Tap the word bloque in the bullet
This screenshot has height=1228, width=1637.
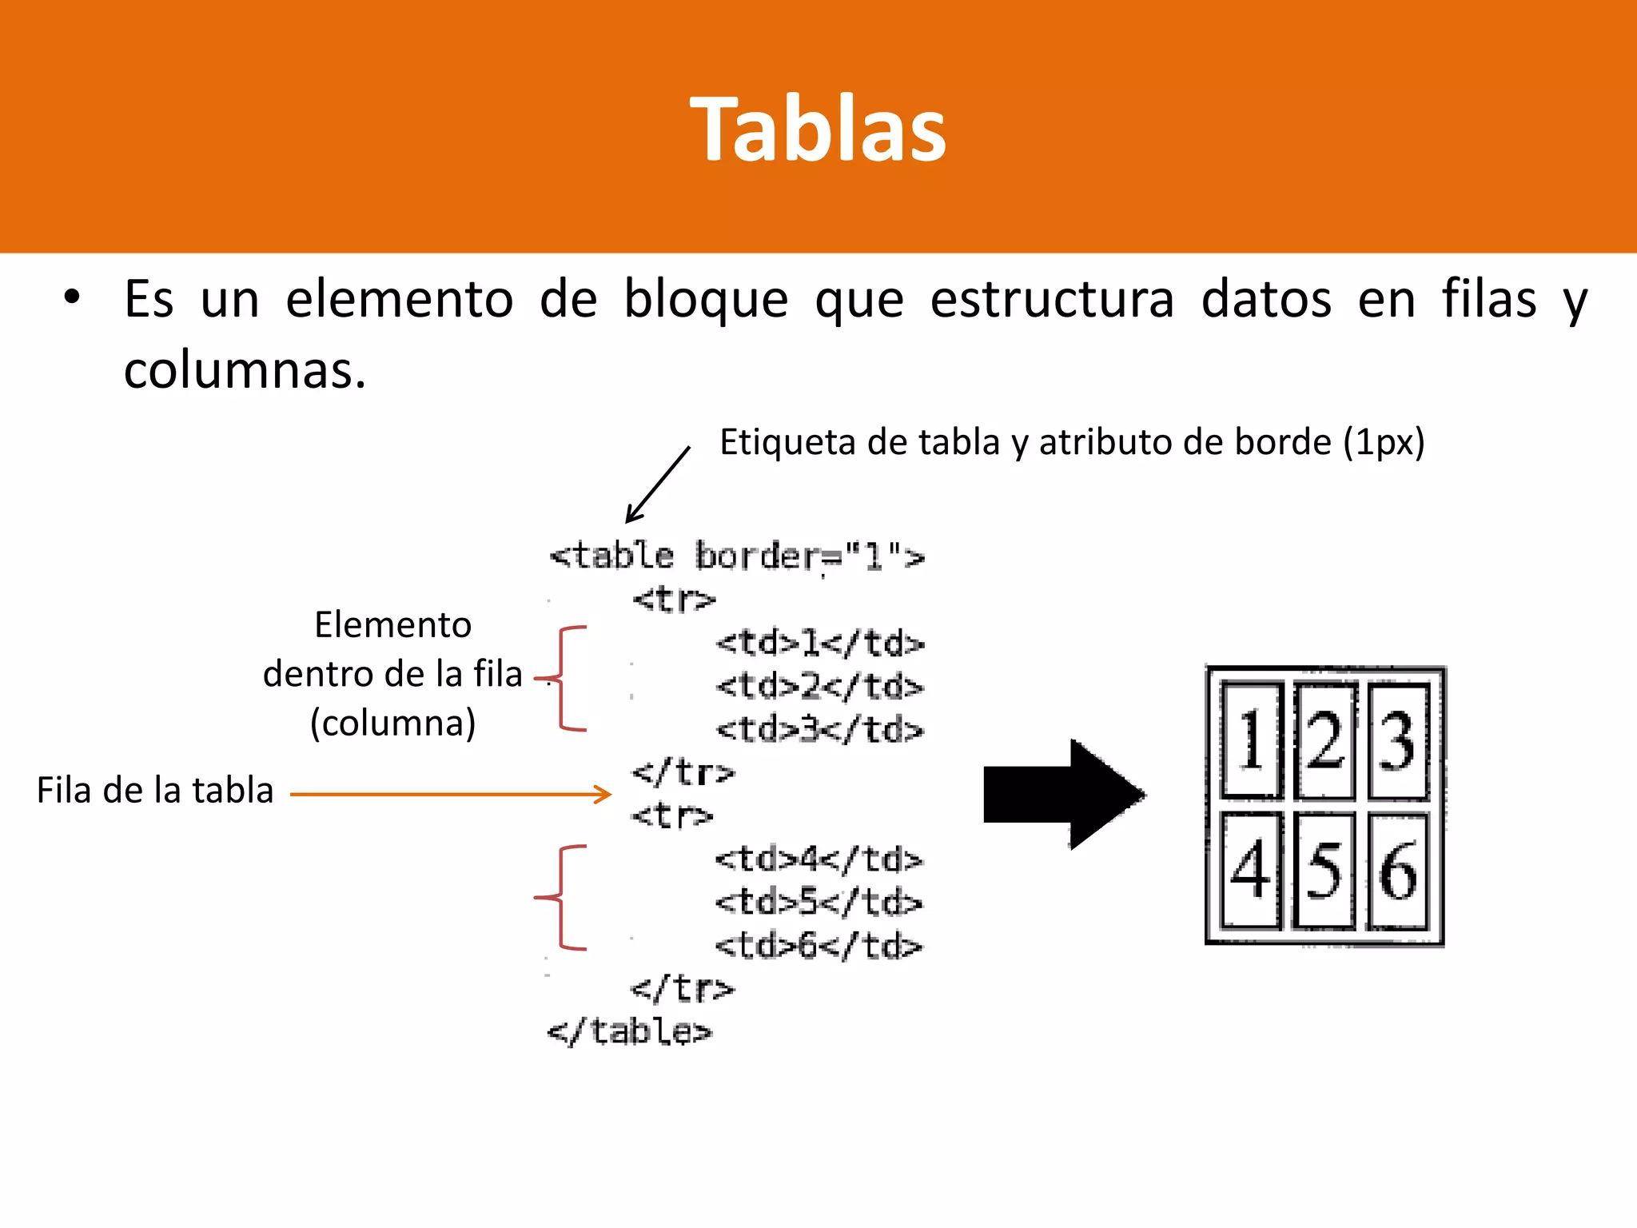pyautogui.click(x=705, y=301)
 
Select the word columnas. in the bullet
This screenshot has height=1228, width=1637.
pyautogui.click(x=245, y=371)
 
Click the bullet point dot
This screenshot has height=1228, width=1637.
pyautogui.click(x=73, y=298)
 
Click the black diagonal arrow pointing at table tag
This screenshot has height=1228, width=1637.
pyautogui.click(x=657, y=484)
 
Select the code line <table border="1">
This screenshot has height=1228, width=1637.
pyautogui.click(x=736, y=556)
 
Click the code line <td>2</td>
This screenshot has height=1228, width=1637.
pyautogui.click(x=819, y=686)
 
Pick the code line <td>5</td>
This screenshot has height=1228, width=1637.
pyautogui.click(x=818, y=902)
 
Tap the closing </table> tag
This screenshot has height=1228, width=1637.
pyautogui.click(x=629, y=1031)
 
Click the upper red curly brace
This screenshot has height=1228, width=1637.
pyautogui.click(x=566, y=679)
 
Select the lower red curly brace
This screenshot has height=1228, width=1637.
pyautogui.click(x=564, y=897)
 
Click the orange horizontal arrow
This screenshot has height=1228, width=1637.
pyautogui.click(x=450, y=794)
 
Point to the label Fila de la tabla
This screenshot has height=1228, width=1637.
pyautogui.click(x=155, y=790)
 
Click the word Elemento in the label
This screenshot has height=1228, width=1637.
pyautogui.click(x=392, y=624)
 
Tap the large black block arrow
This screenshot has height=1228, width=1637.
pyautogui.click(x=1064, y=794)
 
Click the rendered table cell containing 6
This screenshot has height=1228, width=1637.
pyautogui.click(x=1397, y=871)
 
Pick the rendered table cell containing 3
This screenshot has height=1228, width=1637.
pyautogui.click(x=1397, y=741)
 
